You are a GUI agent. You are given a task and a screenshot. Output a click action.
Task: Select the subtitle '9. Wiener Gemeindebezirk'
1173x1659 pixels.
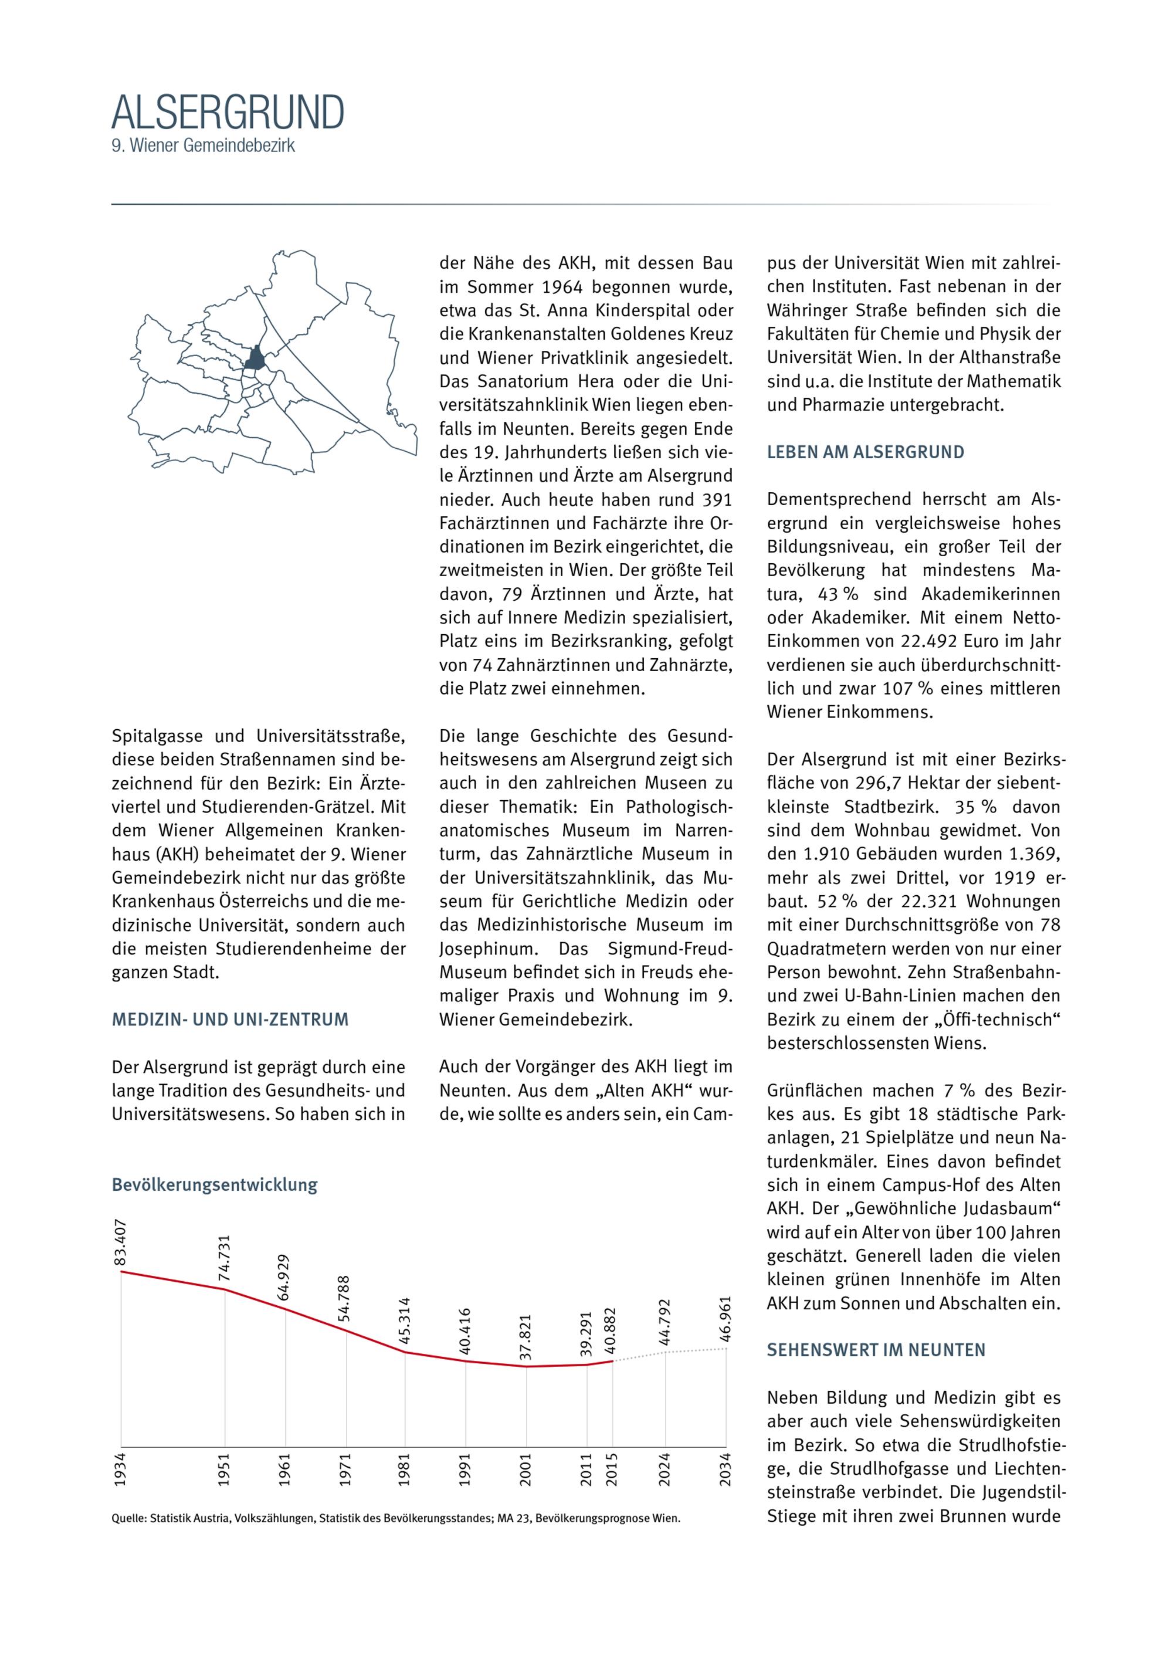(203, 145)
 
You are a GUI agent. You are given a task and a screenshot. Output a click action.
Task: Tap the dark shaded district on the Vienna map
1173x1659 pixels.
(254, 358)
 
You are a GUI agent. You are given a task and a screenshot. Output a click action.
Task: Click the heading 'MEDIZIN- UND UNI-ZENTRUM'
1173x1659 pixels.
(230, 1020)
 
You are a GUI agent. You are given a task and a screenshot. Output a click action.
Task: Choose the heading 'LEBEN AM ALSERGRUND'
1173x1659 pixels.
(865, 452)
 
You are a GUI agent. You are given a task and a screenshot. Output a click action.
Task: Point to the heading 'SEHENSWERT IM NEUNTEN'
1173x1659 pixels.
(876, 1350)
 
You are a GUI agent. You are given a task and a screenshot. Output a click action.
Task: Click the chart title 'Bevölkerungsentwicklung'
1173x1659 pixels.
(215, 1185)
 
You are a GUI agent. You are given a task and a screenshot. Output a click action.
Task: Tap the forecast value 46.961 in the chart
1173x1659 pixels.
(726, 1320)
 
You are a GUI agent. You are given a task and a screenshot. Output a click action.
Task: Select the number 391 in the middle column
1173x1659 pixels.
(717, 500)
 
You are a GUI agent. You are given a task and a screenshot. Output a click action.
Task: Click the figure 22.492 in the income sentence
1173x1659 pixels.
(931, 642)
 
